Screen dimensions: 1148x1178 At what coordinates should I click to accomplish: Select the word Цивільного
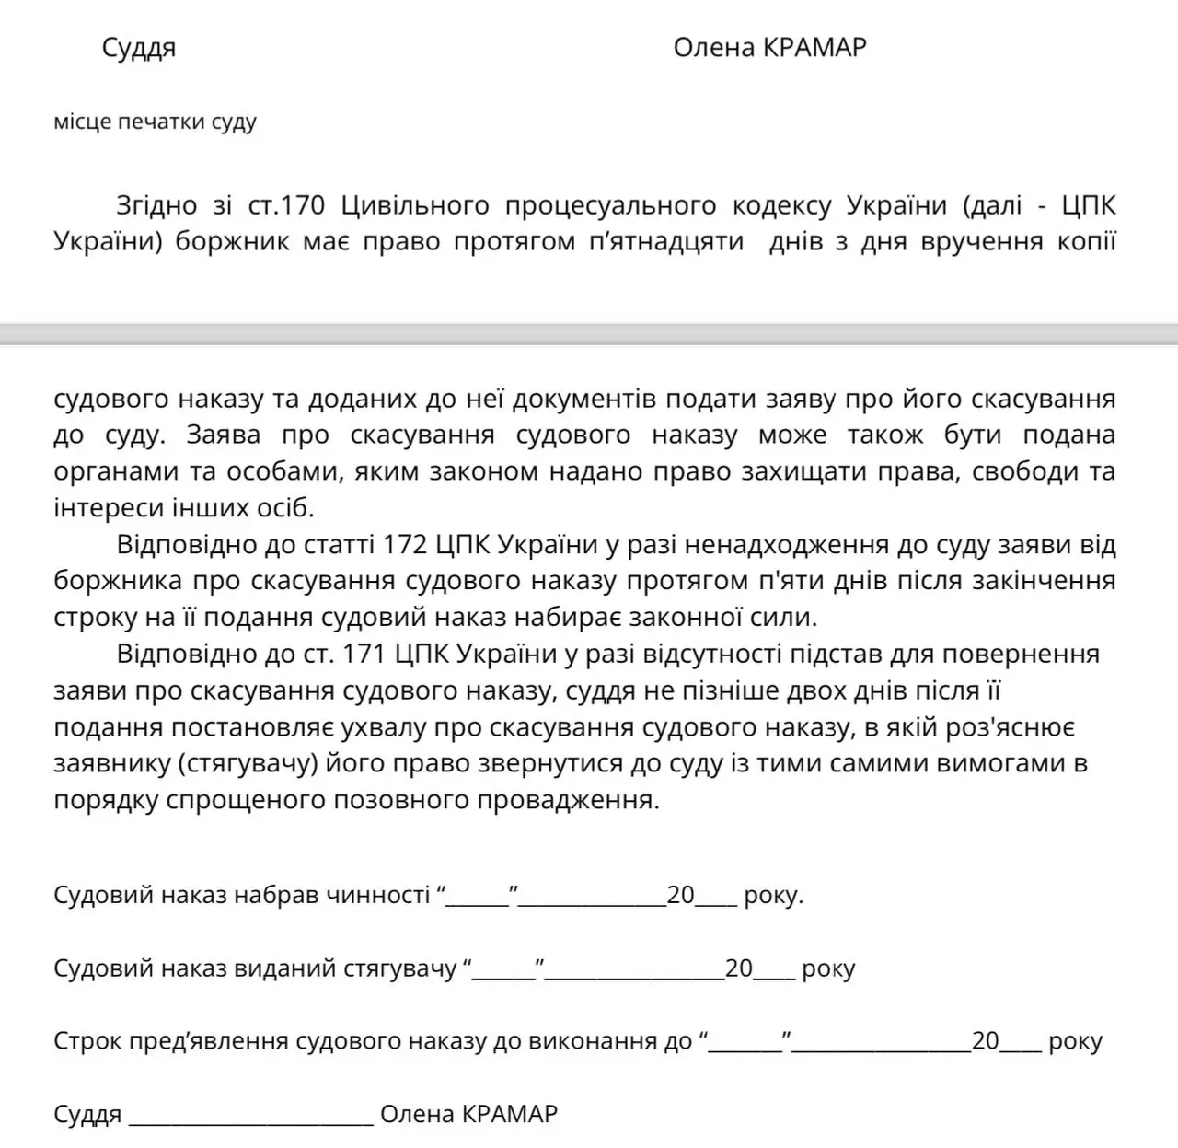(x=417, y=205)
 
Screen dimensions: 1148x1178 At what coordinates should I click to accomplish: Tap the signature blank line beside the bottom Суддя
(x=251, y=1116)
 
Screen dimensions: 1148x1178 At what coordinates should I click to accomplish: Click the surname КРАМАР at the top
(x=814, y=48)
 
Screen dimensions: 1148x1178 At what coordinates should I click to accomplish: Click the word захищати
(x=758, y=472)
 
